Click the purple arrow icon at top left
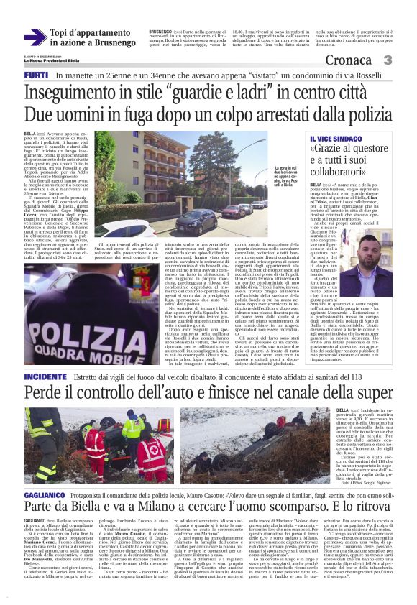coord(35,37)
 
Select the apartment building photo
coord(180,183)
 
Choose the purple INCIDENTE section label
coord(45,376)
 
